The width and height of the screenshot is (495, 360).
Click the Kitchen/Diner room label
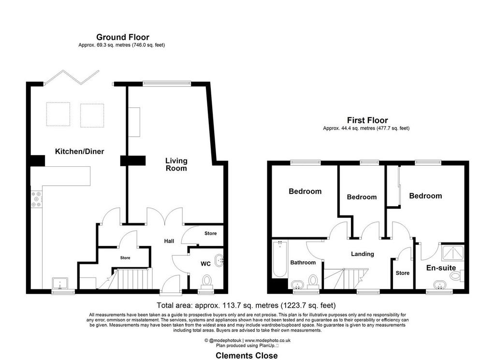[x=80, y=151]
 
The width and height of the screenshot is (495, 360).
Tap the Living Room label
[x=176, y=164]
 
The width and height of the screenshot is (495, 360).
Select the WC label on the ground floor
[x=205, y=264]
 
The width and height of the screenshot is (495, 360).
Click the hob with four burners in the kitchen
[x=36, y=200]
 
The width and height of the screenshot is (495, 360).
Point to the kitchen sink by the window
[x=60, y=284]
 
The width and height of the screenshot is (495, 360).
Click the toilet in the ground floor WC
[x=207, y=281]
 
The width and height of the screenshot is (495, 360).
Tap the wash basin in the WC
[x=219, y=260]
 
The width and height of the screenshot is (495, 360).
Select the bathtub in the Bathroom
[x=280, y=259]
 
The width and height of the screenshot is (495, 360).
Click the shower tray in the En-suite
[x=452, y=253]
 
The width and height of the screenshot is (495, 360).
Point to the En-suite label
[x=441, y=268]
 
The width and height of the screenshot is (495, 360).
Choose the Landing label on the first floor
[x=363, y=254]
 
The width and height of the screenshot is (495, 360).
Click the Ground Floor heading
[x=123, y=37]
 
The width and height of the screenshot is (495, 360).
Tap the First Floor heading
[x=367, y=120]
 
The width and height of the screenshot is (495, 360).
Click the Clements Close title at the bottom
[x=247, y=356]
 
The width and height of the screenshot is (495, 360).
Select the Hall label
[x=169, y=241]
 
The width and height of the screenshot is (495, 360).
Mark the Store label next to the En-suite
[x=403, y=273]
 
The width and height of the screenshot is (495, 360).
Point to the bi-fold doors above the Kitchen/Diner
[x=72, y=77]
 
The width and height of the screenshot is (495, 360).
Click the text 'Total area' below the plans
[x=175, y=305]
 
